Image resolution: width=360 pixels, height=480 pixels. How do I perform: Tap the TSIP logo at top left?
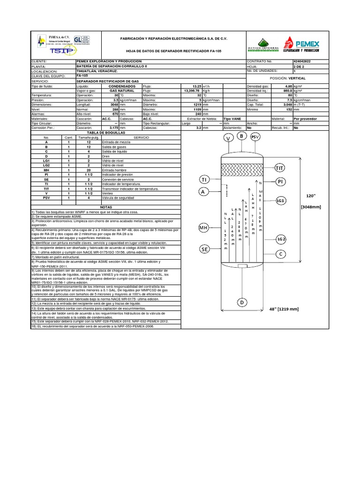click(x=50, y=49)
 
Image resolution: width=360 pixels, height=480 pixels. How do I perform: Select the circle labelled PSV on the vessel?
click(x=255, y=136)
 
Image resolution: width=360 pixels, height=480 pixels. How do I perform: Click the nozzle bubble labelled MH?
click(x=203, y=228)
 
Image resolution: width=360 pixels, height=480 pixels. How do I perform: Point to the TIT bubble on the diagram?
click(x=280, y=168)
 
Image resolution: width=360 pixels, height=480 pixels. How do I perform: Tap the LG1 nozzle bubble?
click(x=281, y=201)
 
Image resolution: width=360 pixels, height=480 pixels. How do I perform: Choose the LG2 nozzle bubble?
click(x=281, y=239)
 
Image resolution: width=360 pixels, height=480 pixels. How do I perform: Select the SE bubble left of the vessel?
click(x=204, y=249)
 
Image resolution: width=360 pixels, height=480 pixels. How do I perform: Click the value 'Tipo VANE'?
click(x=233, y=119)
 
